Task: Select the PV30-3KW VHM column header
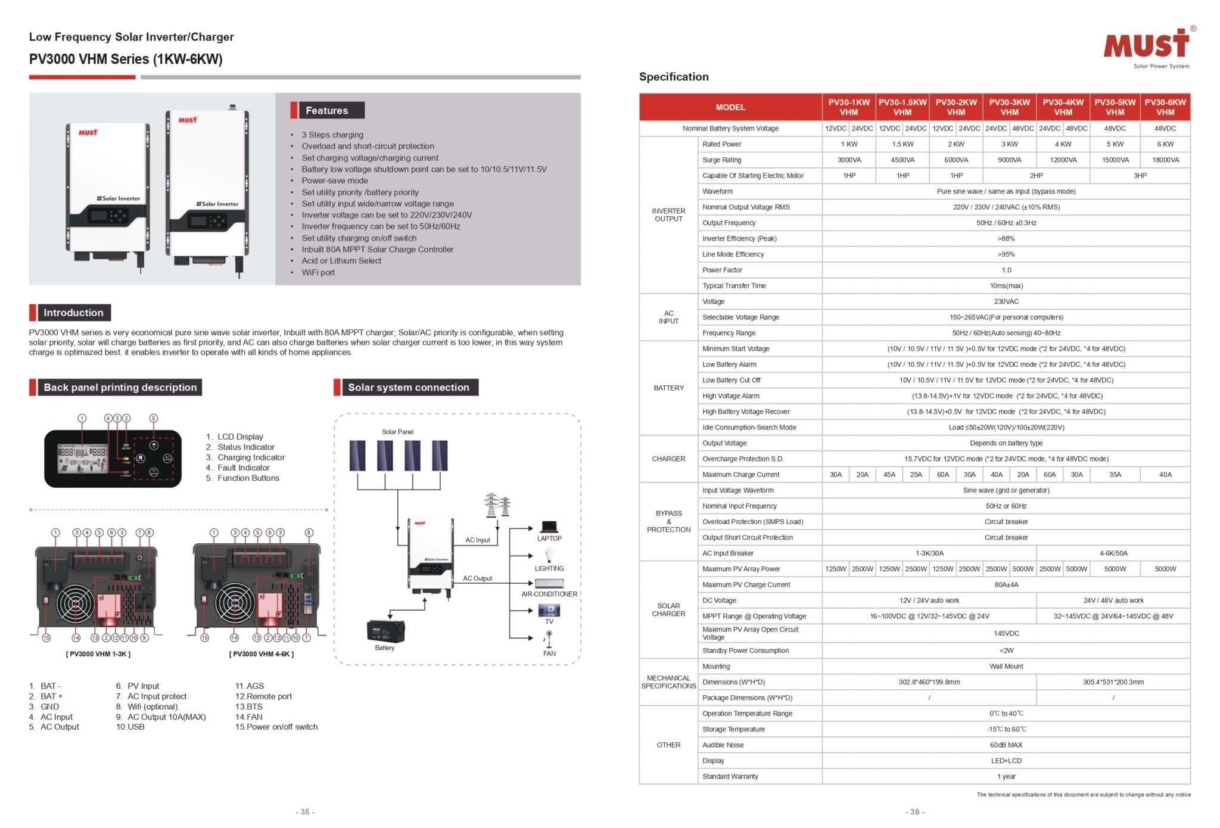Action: coord(1009,107)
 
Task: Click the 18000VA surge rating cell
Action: coord(1165,160)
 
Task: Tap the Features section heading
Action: coord(326,111)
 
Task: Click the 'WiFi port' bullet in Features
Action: coord(318,272)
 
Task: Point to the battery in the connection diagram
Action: coord(385,631)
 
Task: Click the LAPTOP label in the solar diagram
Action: coord(549,538)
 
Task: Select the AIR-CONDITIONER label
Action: coord(549,594)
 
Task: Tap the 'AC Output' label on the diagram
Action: coord(477,578)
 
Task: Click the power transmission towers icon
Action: coord(497,505)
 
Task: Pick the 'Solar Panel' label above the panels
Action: coord(397,432)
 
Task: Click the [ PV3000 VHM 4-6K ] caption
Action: coord(261,654)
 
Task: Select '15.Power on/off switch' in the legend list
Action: coord(276,727)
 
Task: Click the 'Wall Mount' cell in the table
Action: coord(1006,667)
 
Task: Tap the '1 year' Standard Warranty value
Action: coord(1006,777)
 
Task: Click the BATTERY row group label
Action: coord(668,388)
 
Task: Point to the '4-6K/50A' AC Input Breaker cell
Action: coord(1113,553)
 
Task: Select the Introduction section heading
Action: coord(73,313)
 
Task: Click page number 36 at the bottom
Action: coord(914,812)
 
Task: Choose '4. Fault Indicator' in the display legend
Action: coord(243,468)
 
